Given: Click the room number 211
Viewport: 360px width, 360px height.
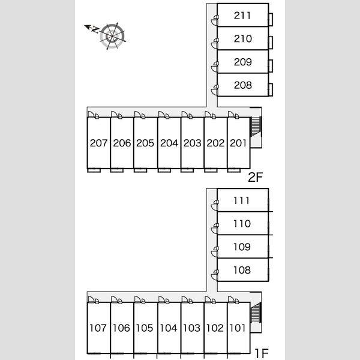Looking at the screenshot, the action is [242, 16].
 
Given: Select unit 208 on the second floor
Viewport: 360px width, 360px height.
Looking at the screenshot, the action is [243, 85].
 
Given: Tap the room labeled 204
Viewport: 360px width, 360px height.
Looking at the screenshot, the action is [169, 143].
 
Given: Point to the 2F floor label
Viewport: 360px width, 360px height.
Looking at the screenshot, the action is [255, 177].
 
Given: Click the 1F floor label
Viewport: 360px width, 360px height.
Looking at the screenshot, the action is [262, 353].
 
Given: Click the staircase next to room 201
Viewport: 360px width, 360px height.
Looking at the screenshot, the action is [256, 127].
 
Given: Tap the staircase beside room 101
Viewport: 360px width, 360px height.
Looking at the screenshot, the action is [256, 312].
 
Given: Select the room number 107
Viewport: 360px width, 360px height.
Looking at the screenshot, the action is [98, 328].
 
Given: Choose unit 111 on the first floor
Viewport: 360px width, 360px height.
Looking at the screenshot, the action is [243, 200].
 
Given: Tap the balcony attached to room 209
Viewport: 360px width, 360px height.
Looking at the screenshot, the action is [271, 65].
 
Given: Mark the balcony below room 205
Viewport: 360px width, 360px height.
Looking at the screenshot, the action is [140, 170].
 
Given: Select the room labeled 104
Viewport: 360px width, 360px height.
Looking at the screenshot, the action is [169, 328].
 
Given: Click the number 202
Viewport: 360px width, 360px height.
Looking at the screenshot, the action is [215, 143].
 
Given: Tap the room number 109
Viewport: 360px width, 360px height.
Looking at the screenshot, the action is [242, 247].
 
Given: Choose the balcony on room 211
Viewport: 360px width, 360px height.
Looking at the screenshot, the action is [271, 19].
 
